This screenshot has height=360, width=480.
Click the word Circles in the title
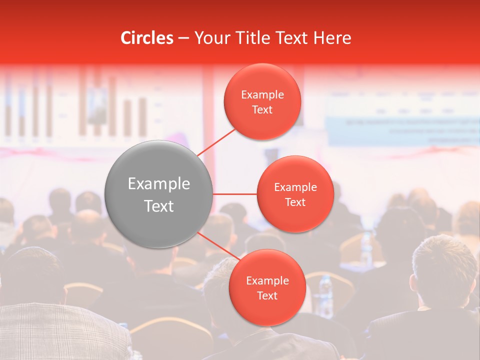(147, 38)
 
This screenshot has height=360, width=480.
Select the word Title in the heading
(255, 38)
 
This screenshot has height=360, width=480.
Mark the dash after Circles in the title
(183, 38)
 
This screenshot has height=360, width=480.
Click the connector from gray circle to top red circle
(217, 141)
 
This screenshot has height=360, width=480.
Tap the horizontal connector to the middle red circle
(235, 194)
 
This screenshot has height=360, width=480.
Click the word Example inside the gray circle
(158, 184)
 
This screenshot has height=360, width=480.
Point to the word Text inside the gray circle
(158, 206)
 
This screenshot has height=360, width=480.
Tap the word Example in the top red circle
(262, 94)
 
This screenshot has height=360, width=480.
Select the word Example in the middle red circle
(295, 187)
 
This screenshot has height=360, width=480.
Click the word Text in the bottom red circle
(267, 295)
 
